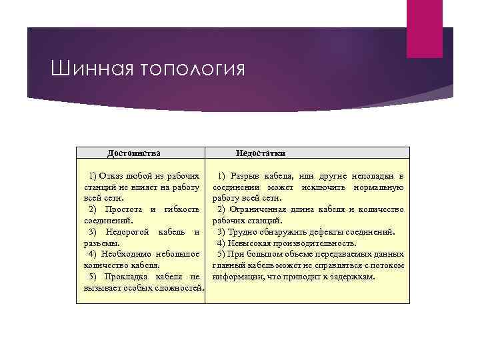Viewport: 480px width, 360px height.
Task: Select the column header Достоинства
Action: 134,153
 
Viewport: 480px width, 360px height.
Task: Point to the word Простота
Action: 123,209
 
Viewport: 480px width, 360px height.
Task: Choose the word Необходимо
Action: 127,254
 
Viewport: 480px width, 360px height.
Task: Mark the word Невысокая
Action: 249,243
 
